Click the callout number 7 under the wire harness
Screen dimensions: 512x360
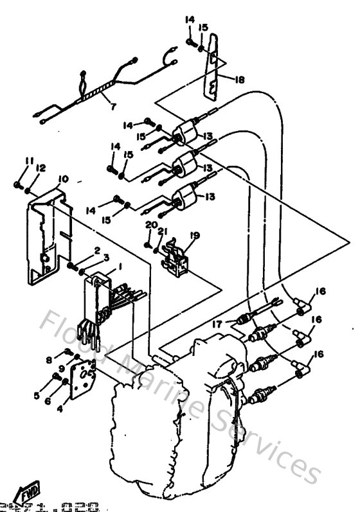point(113,105)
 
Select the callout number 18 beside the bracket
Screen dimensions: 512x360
point(240,80)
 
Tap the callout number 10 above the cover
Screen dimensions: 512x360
point(63,179)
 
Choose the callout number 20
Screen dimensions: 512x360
point(150,225)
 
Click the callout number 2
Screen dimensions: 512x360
point(96,249)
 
